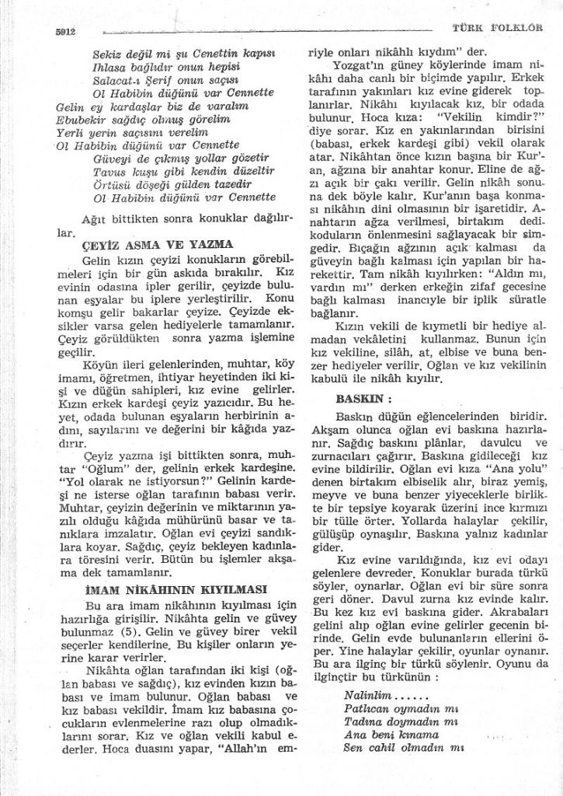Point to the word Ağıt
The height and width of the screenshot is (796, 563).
tap(94, 218)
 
